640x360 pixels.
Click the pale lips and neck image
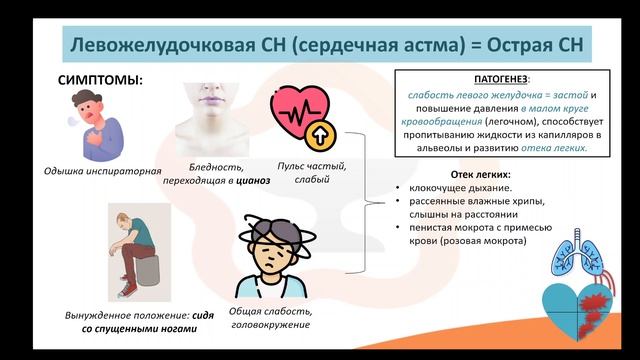[x=212, y=115]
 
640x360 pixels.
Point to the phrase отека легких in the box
[x=554, y=147]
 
